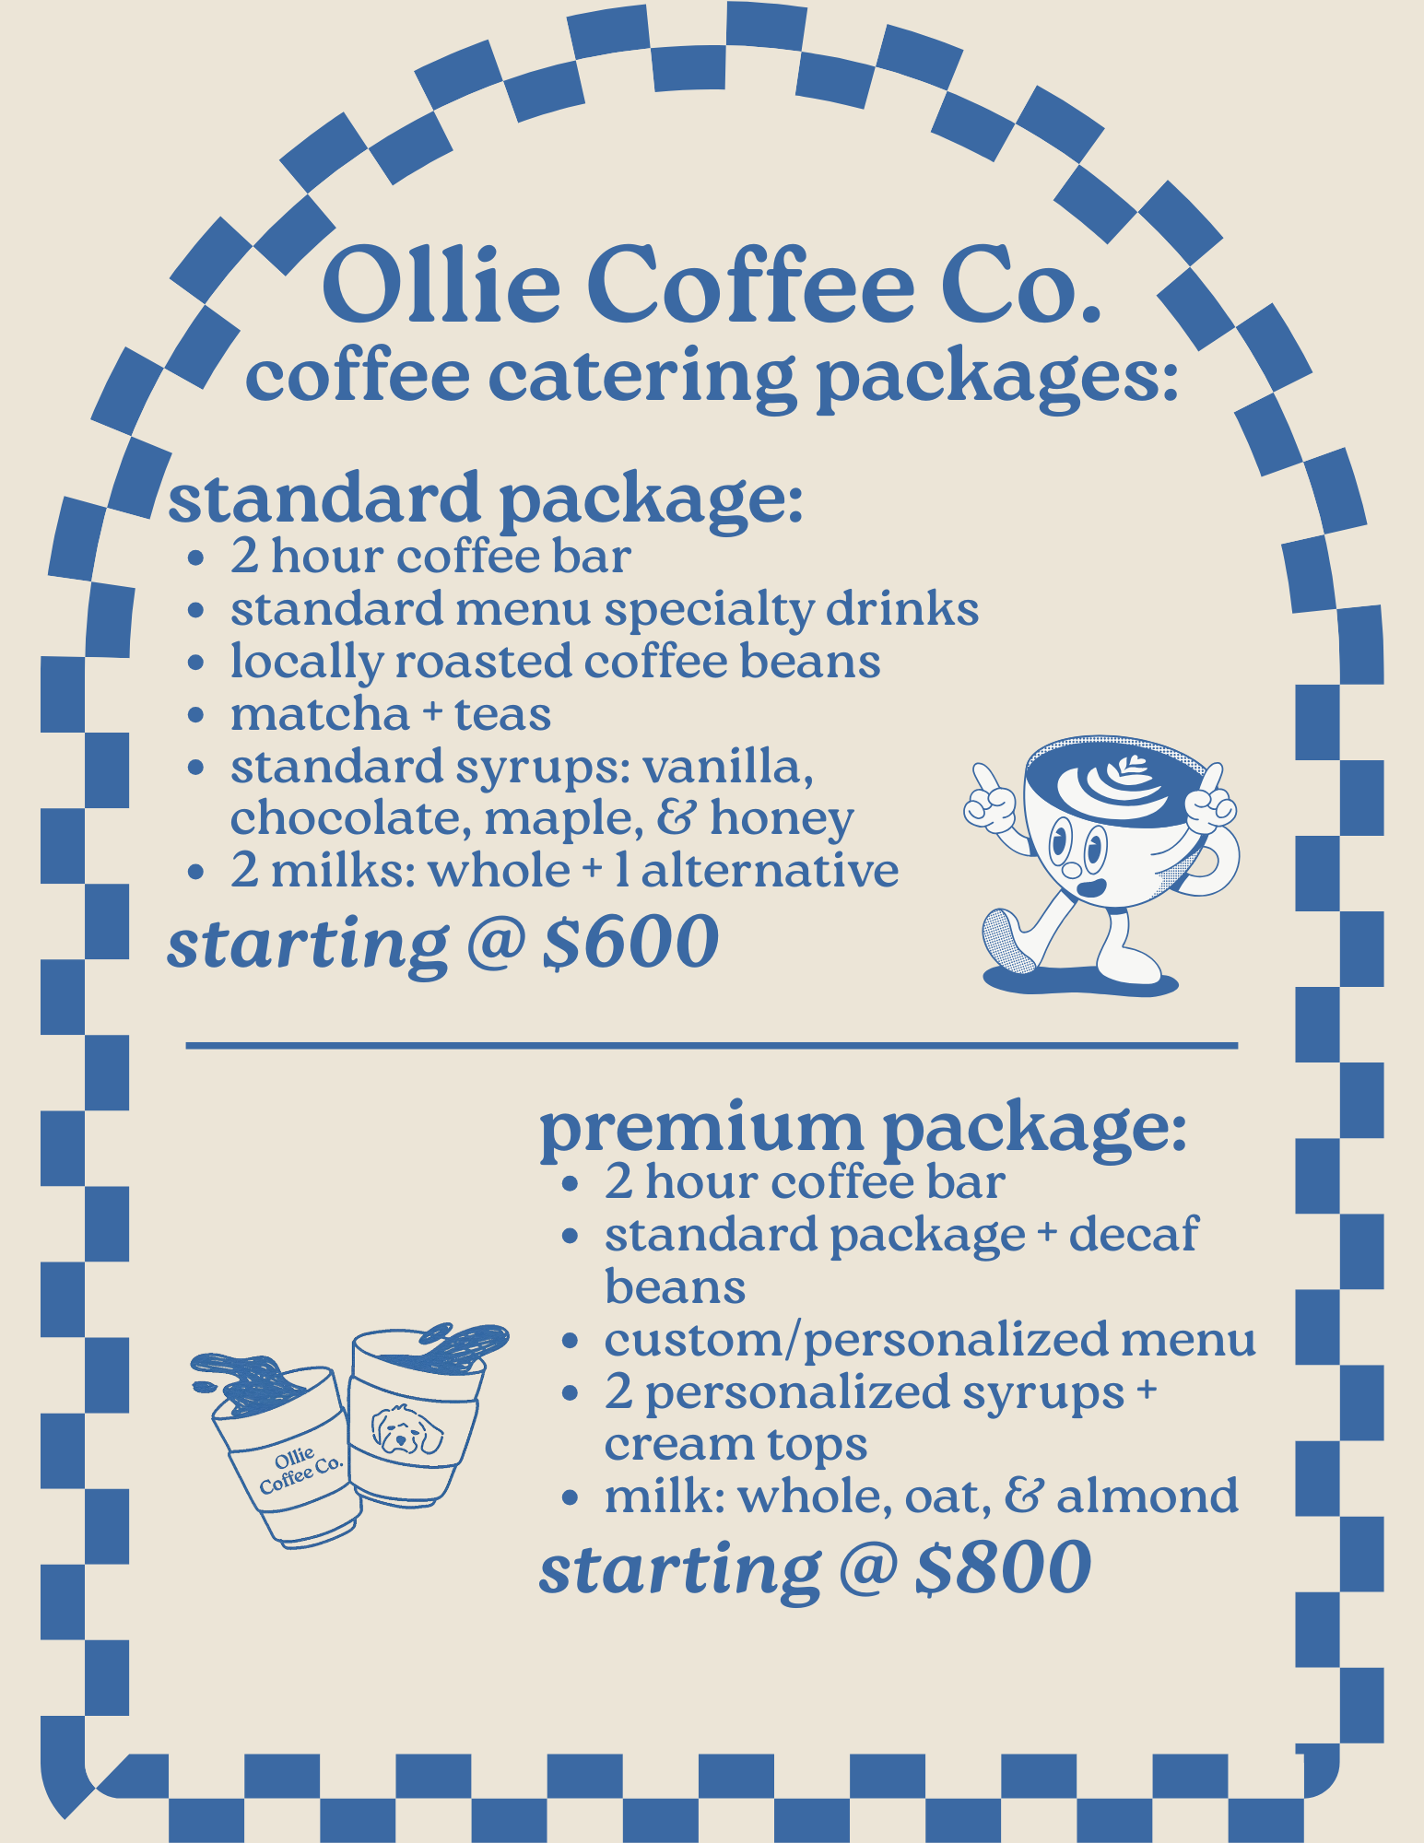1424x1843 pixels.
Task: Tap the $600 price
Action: (x=630, y=943)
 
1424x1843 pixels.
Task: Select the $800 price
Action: (x=1004, y=1567)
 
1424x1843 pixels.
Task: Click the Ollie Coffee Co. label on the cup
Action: (x=299, y=1471)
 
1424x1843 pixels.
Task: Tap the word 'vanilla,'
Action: (x=728, y=767)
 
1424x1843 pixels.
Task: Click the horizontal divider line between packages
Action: (x=712, y=1046)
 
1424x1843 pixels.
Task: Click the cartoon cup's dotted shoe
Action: (x=1008, y=942)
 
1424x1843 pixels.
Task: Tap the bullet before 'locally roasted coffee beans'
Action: (x=194, y=664)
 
